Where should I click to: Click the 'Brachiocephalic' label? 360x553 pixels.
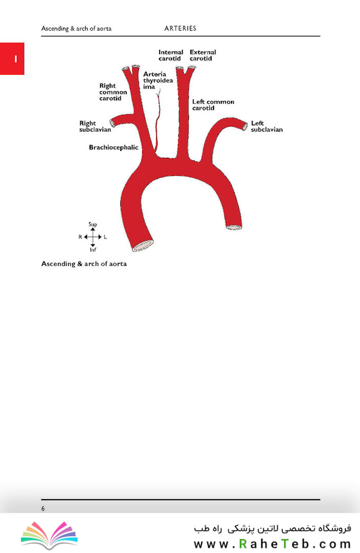point(114,147)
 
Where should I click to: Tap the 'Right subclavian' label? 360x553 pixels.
point(95,126)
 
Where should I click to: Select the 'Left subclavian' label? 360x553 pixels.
point(267,126)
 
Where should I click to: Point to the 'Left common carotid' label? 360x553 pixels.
point(214,105)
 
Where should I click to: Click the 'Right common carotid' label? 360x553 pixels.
point(113,92)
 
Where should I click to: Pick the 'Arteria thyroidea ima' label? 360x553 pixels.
point(158,80)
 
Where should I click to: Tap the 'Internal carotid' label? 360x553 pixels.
point(171,55)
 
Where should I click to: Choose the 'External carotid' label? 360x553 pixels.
point(203,55)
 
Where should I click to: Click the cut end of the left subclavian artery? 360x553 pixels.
point(245,126)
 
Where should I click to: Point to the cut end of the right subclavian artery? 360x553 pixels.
point(112,123)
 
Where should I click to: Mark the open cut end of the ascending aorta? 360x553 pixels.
point(143,246)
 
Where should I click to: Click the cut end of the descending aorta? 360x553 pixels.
point(234,227)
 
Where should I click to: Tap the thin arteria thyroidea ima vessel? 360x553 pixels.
point(158,120)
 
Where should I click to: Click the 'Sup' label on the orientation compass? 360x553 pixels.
point(93,224)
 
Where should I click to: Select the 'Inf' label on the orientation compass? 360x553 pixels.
point(93,250)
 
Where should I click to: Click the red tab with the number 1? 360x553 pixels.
point(12,58)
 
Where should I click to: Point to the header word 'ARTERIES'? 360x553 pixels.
point(180,28)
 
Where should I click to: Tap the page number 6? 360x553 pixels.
point(43,508)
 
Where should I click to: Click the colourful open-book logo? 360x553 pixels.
point(49,534)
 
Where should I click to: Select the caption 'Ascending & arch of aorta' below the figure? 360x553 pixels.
point(84,264)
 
